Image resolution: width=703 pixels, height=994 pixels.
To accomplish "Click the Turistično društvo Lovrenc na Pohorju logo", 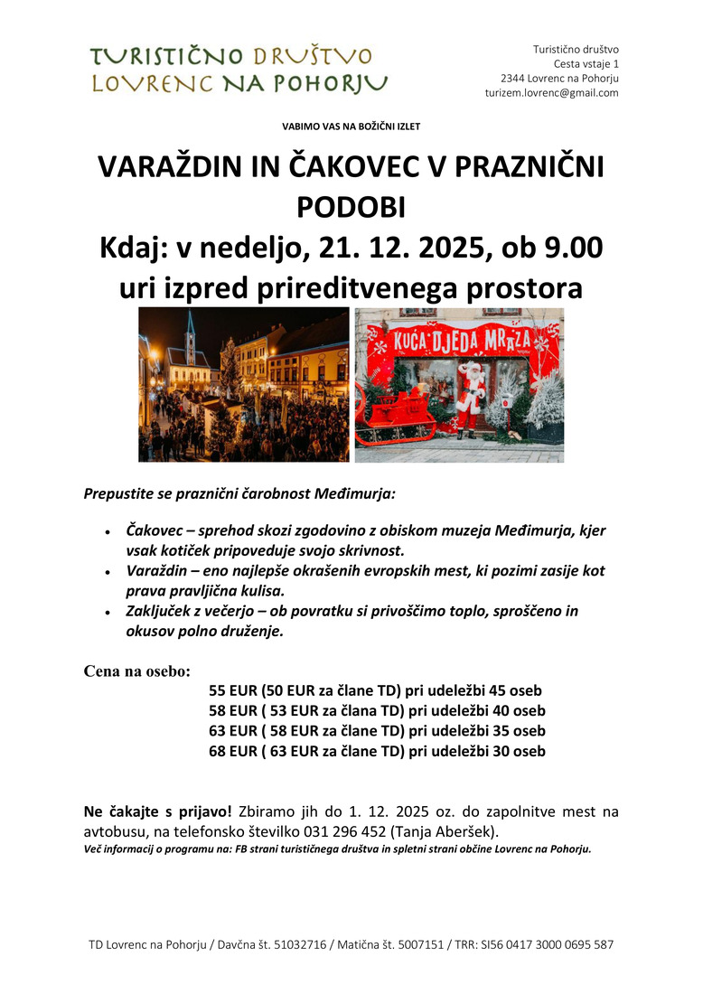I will point(239,70).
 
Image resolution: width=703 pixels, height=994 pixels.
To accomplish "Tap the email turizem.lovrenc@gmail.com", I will point(551,93).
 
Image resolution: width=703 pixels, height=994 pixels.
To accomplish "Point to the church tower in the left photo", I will point(190,339).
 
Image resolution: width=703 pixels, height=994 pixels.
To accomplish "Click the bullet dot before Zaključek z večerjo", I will point(108,613).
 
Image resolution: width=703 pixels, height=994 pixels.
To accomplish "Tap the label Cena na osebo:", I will point(136,671).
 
